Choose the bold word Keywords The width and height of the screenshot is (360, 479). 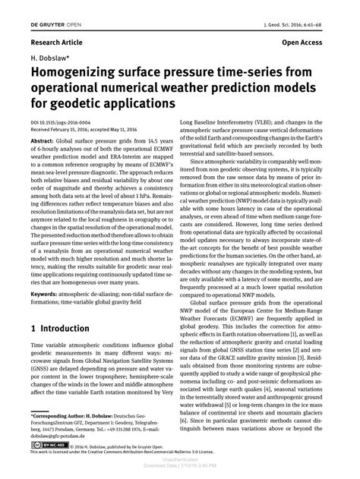[45, 294]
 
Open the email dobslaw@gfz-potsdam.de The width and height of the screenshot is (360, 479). [65, 437]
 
